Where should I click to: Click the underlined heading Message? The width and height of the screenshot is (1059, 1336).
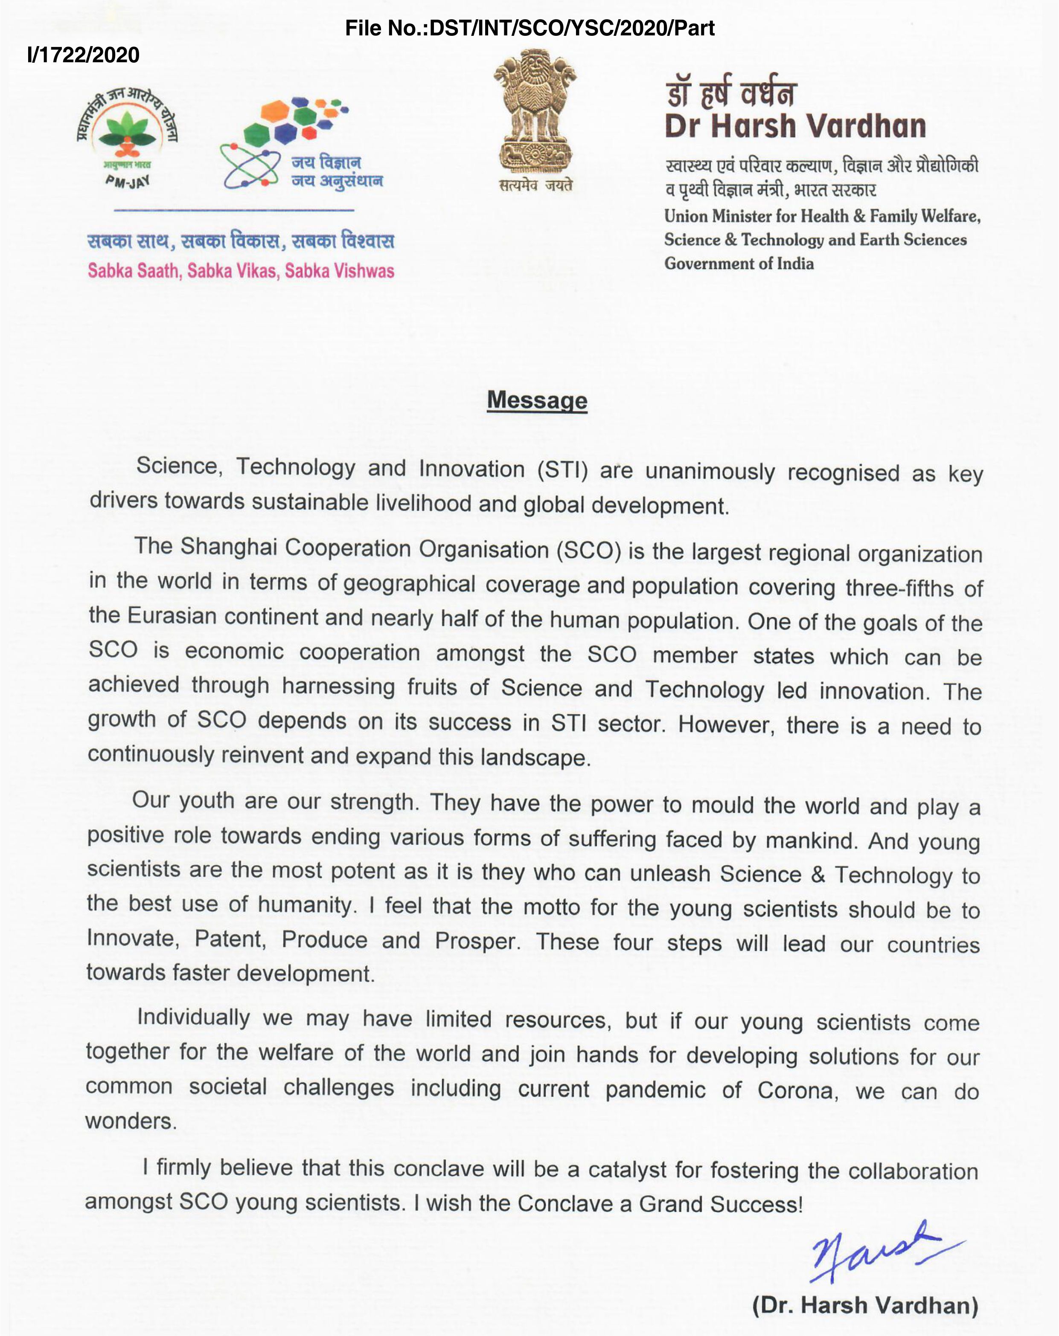[x=537, y=400]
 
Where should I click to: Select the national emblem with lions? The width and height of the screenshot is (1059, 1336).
[x=535, y=112]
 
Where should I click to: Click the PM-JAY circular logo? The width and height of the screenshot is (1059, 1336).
[x=128, y=136]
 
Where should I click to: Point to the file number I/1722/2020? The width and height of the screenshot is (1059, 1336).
[x=84, y=55]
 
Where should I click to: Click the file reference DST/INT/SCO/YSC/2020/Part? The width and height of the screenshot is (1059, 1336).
[x=529, y=28]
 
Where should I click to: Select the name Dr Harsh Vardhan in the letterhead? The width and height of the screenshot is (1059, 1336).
[x=795, y=126]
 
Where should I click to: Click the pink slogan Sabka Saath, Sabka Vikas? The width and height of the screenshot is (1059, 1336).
[x=241, y=271]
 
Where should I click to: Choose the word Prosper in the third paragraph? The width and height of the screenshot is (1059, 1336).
[x=476, y=941]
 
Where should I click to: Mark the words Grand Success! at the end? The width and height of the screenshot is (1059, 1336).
[x=721, y=1203]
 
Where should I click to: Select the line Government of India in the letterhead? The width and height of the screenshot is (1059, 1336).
[x=739, y=264]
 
